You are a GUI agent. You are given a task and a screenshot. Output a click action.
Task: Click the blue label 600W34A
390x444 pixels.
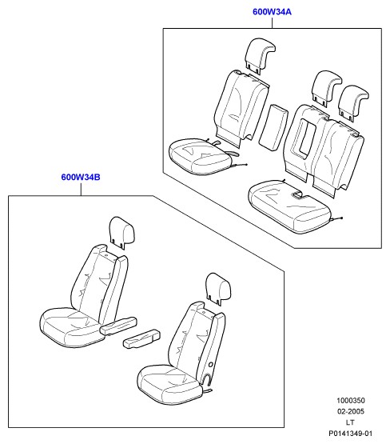pos(272,12)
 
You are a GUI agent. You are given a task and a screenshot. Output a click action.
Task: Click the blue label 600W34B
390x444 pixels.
pos(81,178)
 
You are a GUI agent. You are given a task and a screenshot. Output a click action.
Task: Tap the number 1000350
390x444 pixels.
pos(351,400)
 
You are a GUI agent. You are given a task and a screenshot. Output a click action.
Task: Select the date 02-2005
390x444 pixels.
pos(351,411)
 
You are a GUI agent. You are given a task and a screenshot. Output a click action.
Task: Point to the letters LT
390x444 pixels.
pos(350,422)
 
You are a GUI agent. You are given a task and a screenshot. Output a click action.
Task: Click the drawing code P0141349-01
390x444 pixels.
pos(351,434)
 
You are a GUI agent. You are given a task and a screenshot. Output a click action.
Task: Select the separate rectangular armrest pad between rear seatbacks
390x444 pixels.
pos(273,127)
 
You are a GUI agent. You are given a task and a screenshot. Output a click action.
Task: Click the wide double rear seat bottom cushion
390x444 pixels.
pos(289,207)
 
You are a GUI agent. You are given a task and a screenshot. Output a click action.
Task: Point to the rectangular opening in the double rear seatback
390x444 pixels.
pos(307,139)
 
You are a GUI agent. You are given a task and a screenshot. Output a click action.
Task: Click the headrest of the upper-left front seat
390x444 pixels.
pos(122,232)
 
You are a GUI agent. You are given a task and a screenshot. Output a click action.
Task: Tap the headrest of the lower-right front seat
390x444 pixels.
pos(219,288)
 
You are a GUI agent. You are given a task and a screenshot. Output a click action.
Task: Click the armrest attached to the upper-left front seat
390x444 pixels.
pos(118,326)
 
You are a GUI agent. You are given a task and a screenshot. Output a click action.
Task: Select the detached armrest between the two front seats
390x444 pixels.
pos(141,338)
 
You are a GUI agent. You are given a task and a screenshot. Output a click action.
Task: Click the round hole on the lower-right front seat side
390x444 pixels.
pos(211,365)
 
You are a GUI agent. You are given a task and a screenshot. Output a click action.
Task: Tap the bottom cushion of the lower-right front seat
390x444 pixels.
pos(169,385)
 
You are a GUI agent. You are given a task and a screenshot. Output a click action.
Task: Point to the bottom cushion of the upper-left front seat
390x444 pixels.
pos(70,328)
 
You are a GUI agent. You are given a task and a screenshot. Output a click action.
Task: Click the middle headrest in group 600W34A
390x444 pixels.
pos(326,88)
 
